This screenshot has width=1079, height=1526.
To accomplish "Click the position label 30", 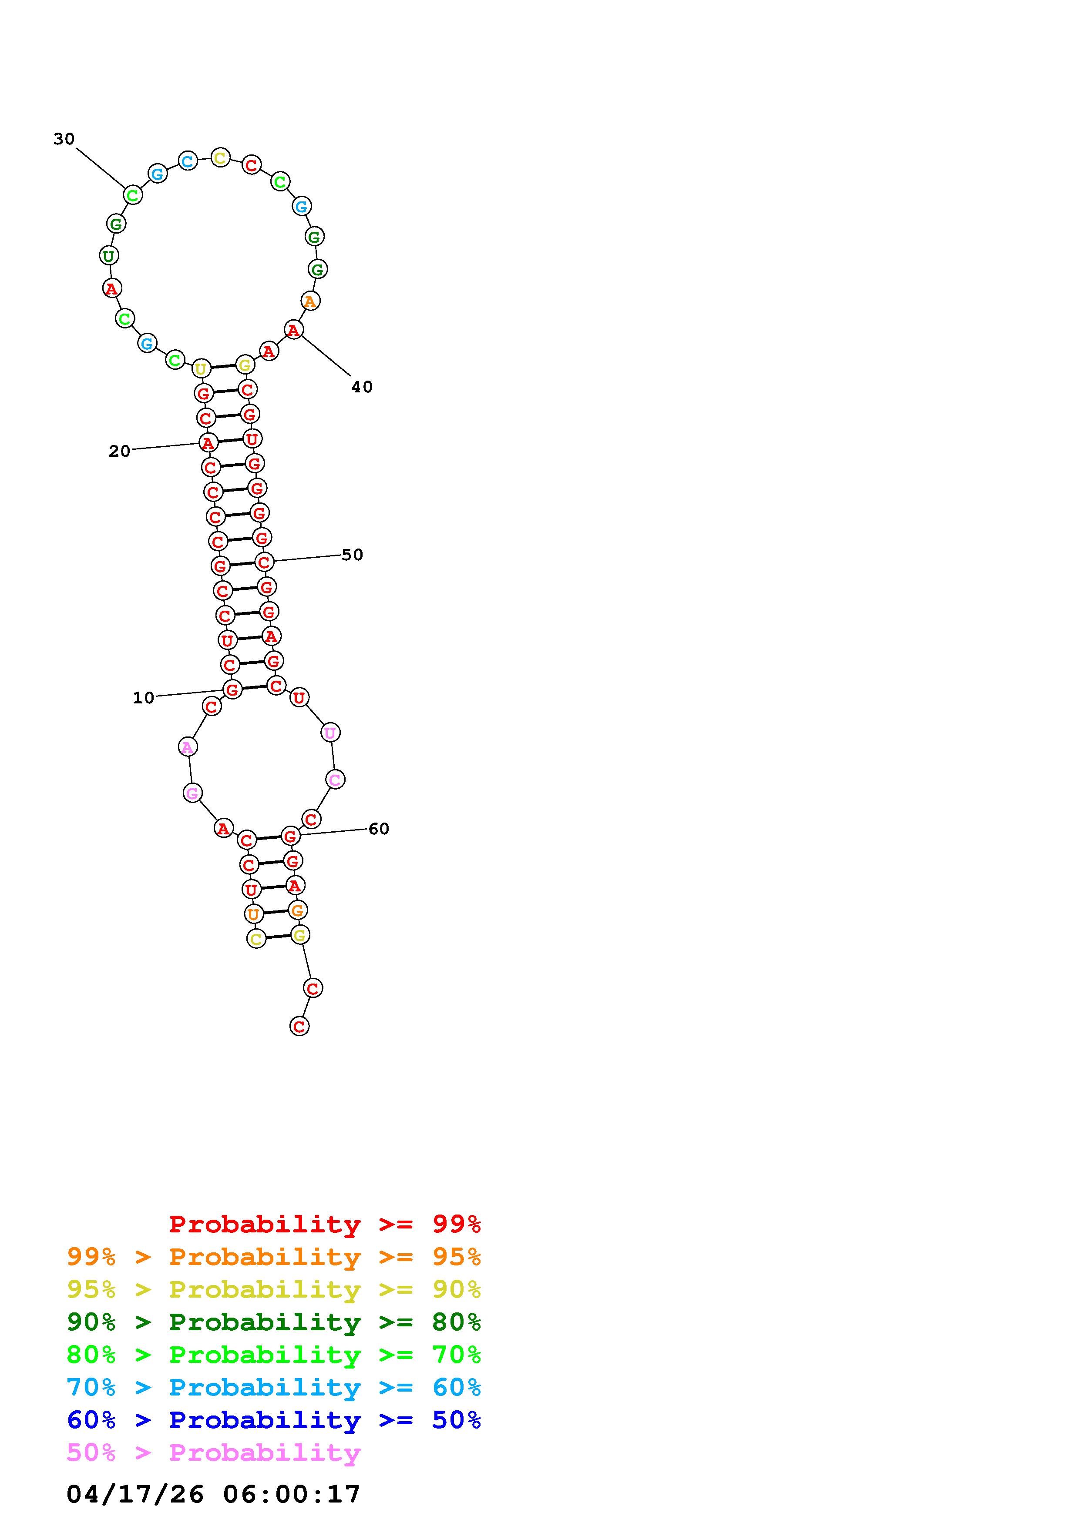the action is [x=64, y=139].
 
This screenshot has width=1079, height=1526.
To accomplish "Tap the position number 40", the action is [x=362, y=387].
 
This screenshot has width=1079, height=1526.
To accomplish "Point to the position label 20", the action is [x=120, y=451].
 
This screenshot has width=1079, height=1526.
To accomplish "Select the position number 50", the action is [x=353, y=555].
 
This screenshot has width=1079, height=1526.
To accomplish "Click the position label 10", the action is [x=144, y=698].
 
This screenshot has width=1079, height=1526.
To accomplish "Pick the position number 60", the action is [x=379, y=829].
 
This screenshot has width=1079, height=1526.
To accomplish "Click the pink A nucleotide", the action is [x=188, y=747].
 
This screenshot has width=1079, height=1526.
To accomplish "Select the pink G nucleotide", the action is [x=192, y=793].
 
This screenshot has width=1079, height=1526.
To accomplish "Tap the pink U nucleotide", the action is [x=330, y=733].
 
